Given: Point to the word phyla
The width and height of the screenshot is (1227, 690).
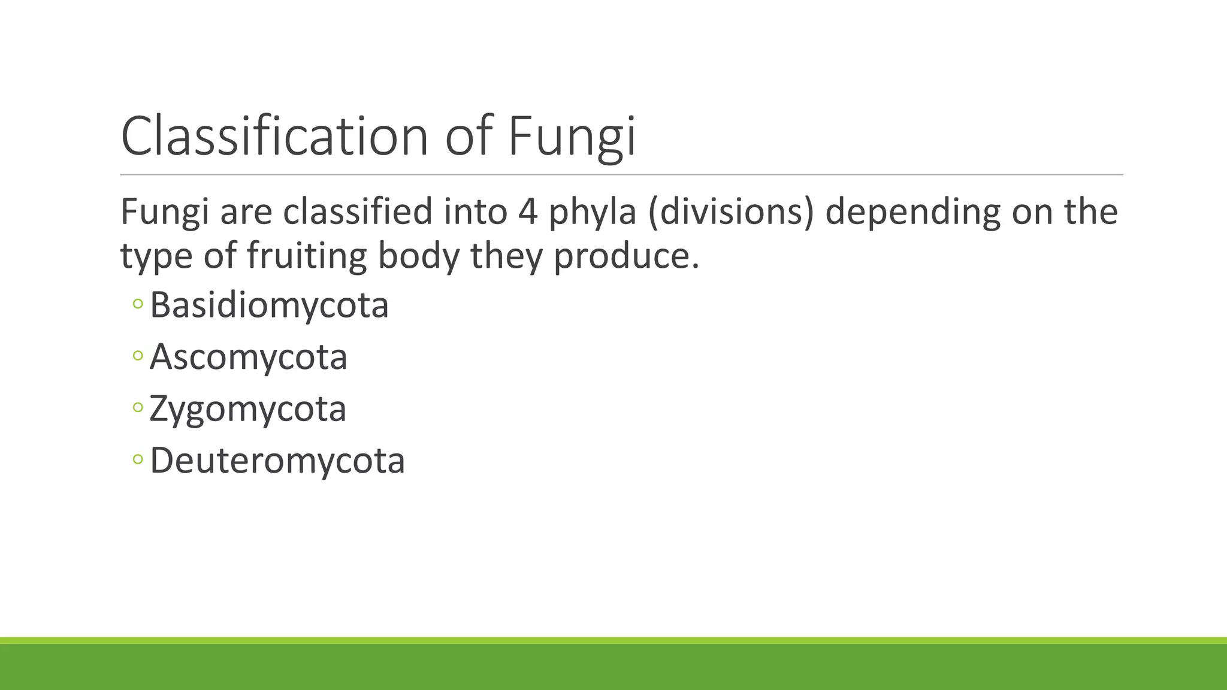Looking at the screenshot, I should click(592, 213).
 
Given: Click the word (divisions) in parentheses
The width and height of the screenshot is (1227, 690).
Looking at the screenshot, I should click(731, 213).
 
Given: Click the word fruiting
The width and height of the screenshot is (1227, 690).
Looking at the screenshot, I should click(306, 256).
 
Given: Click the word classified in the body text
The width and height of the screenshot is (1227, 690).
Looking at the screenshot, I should click(357, 212).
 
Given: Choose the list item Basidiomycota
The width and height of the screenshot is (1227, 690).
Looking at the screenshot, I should click(269, 305).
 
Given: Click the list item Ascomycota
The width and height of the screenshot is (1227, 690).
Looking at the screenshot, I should click(248, 358).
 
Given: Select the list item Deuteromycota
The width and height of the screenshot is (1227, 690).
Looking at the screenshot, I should click(277, 461).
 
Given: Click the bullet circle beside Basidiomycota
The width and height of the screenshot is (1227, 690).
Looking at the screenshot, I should click(138, 304).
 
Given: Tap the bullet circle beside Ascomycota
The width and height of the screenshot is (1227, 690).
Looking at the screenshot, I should click(138, 356).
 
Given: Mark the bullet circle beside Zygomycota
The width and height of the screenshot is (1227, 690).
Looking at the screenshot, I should click(138, 408).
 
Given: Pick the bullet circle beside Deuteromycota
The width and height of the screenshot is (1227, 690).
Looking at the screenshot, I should click(138, 459).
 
